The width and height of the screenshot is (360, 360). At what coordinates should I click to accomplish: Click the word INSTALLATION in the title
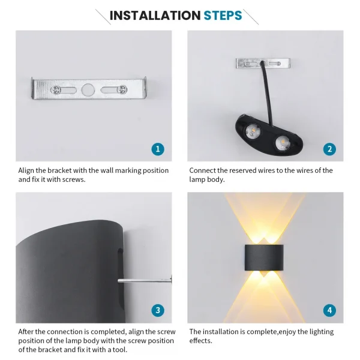[154, 15]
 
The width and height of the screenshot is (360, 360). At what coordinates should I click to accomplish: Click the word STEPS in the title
[223, 15]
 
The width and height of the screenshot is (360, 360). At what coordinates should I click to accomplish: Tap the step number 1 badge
[157, 149]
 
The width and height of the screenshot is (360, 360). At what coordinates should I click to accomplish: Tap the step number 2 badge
[329, 149]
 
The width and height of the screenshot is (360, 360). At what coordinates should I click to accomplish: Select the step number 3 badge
[157, 310]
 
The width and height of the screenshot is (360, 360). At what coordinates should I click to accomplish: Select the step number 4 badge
[329, 310]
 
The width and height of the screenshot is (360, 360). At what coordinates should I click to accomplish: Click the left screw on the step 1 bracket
[56, 90]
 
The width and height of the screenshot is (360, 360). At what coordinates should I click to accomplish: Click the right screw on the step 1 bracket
[122, 90]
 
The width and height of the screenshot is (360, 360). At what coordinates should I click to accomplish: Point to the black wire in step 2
[262, 90]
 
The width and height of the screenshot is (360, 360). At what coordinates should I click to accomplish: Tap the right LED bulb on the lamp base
[280, 142]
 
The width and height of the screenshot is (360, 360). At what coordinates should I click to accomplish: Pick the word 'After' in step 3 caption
[26, 332]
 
